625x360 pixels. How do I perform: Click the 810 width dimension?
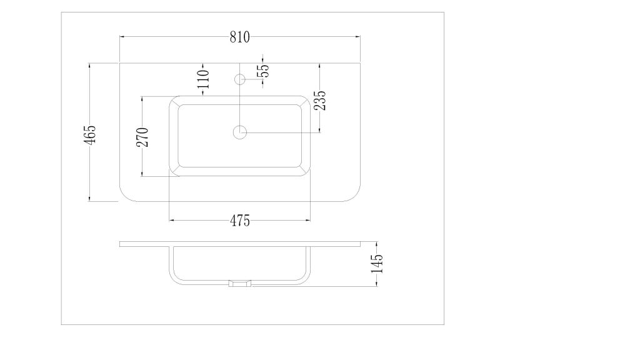[x=239, y=37]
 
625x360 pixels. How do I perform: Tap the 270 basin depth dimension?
[x=142, y=136]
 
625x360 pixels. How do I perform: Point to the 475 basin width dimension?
[x=239, y=221]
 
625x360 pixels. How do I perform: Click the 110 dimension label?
[x=203, y=79]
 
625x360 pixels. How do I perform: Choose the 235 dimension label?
[x=320, y=101]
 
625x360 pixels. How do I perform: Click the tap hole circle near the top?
[x=239, y=79]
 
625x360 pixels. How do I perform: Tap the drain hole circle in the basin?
[x=240, y=132]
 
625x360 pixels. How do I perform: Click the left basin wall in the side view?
[x=171, y=262]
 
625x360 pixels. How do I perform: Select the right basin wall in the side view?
[x=309, y=262]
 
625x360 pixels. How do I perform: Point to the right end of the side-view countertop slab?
[x=360, y=243]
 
